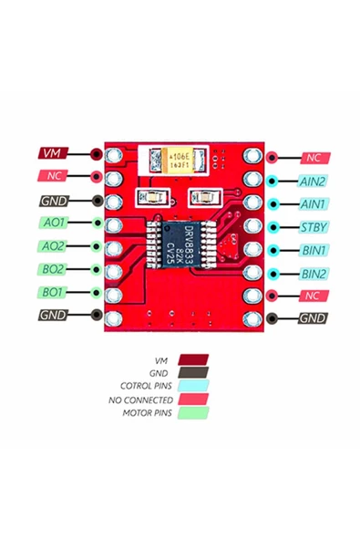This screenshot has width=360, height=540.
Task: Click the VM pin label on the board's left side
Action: tap(53, 153)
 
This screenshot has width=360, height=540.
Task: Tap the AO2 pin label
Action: tap(53, 246)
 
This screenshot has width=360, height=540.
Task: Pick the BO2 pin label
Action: tap(53, 270)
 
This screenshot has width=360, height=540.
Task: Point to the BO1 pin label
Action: tap(53, 293)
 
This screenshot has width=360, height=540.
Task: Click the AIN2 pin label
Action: tap(313, 182)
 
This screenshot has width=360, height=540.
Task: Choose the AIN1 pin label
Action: tap(313, 204)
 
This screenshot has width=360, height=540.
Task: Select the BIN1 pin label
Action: tap(313, 250)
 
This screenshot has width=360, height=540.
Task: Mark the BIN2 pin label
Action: tap(313, 274)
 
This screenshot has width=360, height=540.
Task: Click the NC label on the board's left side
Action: tap(53, 176)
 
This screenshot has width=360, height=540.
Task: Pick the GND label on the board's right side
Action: tap(313, 318)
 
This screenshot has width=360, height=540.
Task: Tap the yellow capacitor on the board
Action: tap(180, 160)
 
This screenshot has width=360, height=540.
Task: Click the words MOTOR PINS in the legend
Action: tap(148, 412)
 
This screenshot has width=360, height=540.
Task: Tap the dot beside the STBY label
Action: tap(272, 227)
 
